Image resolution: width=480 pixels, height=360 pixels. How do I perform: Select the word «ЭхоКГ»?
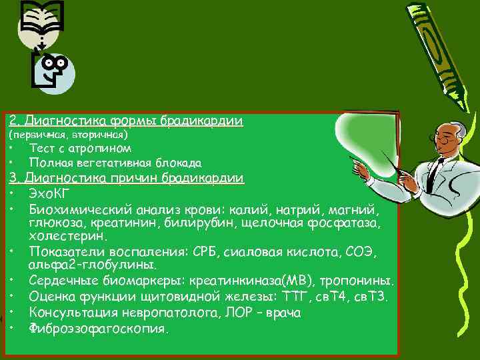(49, 193)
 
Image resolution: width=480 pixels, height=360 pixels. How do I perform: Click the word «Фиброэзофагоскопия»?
(99, 329)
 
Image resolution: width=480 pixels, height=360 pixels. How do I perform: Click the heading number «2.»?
(13, 121)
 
